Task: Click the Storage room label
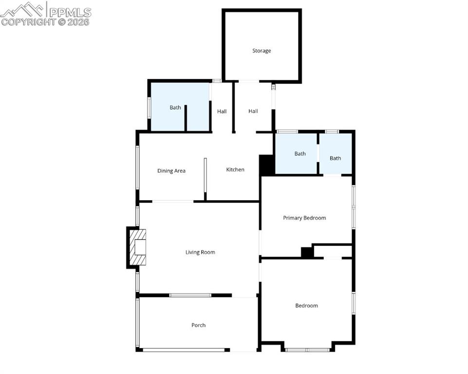tap(262, 51)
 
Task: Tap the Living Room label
tap(200, 252)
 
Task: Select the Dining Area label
tap(171, 171)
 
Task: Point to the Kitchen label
tap(235, 169)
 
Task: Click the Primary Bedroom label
tap(304, 218)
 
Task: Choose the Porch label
tap(198, 325)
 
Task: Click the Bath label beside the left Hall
tap(175, 108)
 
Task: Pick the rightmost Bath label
tap(335, 158)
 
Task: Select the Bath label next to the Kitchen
tap(300, 154)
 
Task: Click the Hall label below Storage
tap(253, 112)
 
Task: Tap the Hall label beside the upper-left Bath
tap(222, 112)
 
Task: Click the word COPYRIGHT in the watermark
tap(28, 22)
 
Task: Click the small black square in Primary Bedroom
tap(307, 252)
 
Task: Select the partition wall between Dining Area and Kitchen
tap(206, 179)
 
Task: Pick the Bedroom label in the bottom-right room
tap(306, 306)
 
